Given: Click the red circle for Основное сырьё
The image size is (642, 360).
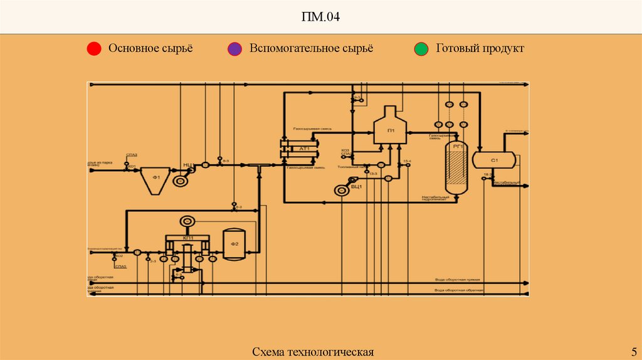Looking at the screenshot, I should [x=93, y=49].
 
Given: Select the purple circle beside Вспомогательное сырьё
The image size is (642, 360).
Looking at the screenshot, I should [x=234, y=49].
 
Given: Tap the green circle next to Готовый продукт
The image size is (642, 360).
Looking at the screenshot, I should [x=421, y=49].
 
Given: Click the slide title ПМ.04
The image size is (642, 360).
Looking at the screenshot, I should [x=321, y=17].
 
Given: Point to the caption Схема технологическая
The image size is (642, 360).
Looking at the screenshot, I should [x=313, y=351].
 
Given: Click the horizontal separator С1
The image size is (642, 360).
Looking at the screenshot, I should [x=493, y=160].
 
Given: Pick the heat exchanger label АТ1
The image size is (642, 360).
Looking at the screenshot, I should [x=305, y=149].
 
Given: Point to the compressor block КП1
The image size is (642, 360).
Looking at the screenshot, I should [x=187, y=239].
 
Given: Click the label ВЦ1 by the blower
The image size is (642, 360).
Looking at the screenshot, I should [x=355, y=186].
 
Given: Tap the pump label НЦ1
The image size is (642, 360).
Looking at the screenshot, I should [x=188, y=164].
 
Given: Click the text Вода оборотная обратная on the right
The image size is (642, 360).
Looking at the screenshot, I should [x=461, y=290].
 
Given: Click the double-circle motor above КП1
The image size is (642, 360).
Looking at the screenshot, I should [x=187, y=221].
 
